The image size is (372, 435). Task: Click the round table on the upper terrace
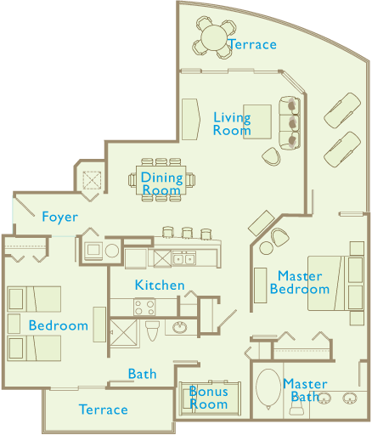(x=214, y=37)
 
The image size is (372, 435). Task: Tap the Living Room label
(x=232, y=124)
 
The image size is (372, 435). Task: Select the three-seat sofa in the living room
(x=290, y=123)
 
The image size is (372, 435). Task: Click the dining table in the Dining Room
(x=161, y=180)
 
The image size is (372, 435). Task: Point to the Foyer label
(x=59, y=217)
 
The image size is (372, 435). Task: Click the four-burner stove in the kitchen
(x=144, y=307)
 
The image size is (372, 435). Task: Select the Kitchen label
(x=160, y=285)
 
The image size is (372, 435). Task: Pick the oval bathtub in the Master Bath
(x=268, y=387)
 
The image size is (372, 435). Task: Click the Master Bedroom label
(x=300, y=283)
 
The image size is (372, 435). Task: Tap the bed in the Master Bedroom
(x=335, y=283)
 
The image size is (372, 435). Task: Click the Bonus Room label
(x=209, y=398)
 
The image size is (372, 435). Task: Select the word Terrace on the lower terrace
(x=104, y=410)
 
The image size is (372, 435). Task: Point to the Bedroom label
(x=59, y=325)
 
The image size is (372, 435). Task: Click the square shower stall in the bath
(x=123, y=333)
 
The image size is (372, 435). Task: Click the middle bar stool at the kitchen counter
(x=187, y=233)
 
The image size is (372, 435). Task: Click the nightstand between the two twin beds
(x=14, y=324)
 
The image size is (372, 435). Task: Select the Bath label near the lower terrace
(x=142, y=374)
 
